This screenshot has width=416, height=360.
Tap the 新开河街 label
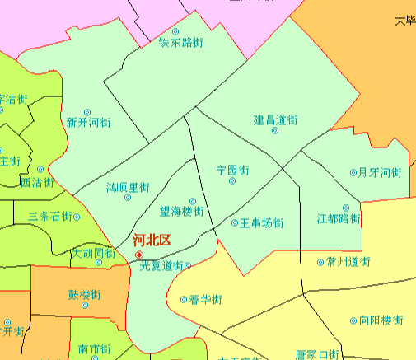88,122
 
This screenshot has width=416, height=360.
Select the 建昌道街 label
275,120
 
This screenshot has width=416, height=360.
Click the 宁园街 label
232,170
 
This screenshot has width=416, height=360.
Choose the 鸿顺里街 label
128,188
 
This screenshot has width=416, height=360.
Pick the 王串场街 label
262,222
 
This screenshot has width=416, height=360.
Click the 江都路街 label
339,219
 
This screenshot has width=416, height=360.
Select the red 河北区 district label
152,241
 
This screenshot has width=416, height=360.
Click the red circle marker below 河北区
138,255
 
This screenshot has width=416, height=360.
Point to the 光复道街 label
161,265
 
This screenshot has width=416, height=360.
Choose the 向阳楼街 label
381,320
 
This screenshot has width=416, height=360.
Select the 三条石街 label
50,216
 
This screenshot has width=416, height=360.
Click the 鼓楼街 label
85,294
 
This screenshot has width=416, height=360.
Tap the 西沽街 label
36,182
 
